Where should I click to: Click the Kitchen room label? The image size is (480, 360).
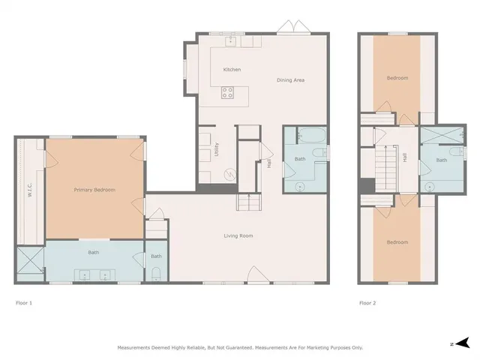232,70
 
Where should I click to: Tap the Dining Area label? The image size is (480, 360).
290,80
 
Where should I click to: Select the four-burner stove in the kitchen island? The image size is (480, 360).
228,94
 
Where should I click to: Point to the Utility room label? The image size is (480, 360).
217,148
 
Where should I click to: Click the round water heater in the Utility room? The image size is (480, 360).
229,172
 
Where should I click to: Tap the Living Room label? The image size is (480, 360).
238,236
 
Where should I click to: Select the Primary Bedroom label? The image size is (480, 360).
94,190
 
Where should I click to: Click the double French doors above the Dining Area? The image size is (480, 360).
291,28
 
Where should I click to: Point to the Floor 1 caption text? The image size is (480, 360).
24,303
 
